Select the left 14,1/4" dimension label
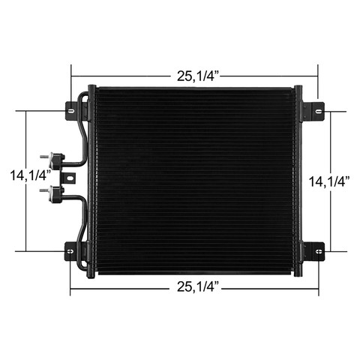click(x=31, y=175)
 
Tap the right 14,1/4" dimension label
click(x=329, y=181)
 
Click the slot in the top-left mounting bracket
click(x=71, y=111)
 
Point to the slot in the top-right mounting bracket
click(x=318, y=112)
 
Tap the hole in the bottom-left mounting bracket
click(x=70, y=251)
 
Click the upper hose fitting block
click(x=56, y=160)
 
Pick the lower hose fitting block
click(x=56, y=193)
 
